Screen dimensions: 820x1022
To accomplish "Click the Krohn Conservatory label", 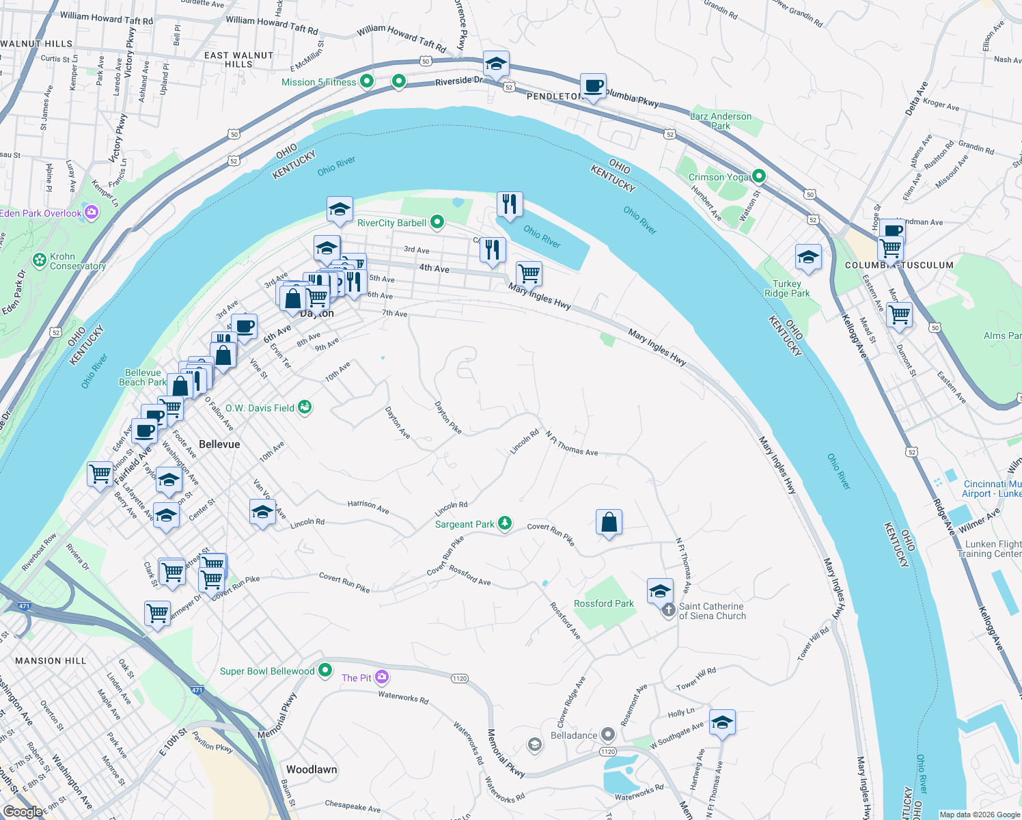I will coord(77,261).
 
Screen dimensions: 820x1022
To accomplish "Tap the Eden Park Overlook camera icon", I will coord(92,213).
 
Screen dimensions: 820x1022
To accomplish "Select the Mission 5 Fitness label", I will coord(319,82).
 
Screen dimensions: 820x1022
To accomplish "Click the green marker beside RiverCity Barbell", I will coord(437,222).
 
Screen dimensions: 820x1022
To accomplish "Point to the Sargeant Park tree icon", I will coord(504,523).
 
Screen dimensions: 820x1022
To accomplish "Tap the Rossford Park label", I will coord(603,603).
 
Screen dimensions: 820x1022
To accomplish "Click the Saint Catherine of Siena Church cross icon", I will coord(669,610).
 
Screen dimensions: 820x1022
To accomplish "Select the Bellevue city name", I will coord(219,444).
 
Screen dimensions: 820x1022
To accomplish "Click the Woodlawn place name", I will coord(312,769).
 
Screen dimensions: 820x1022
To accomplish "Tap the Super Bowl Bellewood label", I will coord(267,671).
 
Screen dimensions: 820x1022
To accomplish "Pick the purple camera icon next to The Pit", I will coord(382,677).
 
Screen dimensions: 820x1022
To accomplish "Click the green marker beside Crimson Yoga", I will coord(758,176).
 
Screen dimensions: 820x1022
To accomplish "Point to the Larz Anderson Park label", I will coord(721,121).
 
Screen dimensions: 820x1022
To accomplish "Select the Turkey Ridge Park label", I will coord(787,288).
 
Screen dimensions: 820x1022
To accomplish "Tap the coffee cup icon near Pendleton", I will coord(593,87).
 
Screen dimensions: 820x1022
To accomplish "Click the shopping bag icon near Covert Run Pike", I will coord(609,523).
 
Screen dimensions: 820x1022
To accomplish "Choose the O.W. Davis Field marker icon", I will coord(305,407).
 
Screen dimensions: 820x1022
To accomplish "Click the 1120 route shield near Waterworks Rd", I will coord(459,679).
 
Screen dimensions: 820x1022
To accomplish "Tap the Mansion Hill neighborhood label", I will coord(51,661).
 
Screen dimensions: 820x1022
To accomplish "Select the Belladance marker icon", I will coord(607,735).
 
